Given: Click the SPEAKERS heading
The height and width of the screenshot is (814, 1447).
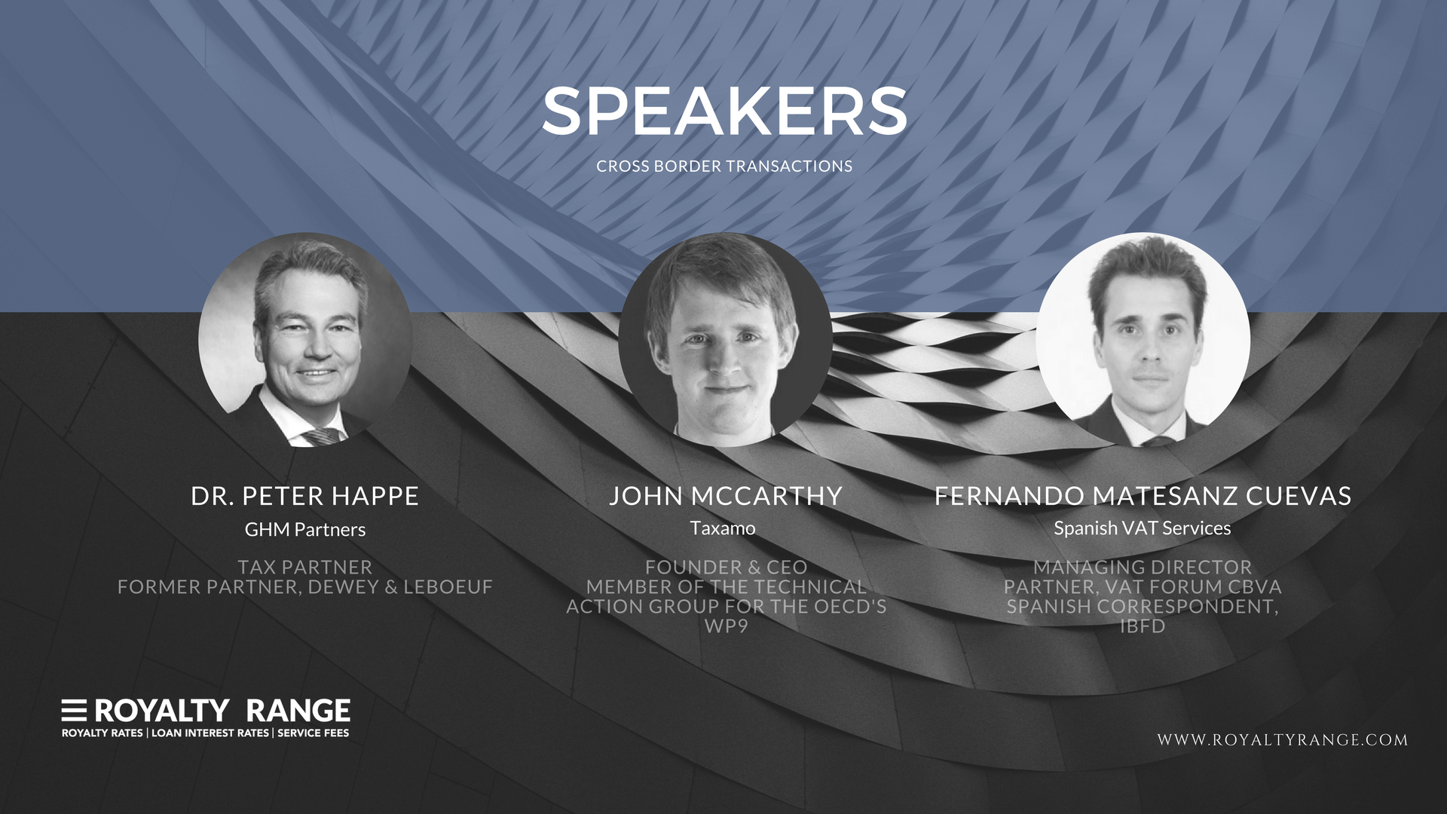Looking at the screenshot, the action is click(724, 112).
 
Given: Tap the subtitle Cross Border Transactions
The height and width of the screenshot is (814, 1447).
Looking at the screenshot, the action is click(724, 167).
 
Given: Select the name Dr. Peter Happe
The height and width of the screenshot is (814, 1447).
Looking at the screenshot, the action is click(304, 496).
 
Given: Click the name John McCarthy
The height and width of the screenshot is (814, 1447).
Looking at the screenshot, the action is click(726, 496).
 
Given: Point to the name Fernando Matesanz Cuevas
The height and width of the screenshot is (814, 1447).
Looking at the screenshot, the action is click(1143, 496).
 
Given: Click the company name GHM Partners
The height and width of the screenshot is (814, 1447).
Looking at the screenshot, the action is click(305, 530).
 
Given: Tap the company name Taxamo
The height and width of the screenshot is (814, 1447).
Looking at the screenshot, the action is click(723, 528).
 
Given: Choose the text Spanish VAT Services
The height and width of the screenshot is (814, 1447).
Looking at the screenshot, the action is click(1143, 528).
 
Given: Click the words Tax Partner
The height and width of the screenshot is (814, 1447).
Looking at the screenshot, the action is click(305, 568).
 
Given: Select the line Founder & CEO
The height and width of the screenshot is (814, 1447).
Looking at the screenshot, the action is click(726, 568).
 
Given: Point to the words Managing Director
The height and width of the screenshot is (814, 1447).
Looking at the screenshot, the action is click(1143, 568).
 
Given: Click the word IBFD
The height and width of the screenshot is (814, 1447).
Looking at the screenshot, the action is click(1143, 626).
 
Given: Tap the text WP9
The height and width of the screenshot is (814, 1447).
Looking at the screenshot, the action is click(726, 626).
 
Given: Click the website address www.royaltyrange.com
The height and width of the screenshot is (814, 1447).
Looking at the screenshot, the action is click(1283, 740).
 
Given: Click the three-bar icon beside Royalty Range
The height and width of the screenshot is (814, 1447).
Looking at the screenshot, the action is click(74, 710).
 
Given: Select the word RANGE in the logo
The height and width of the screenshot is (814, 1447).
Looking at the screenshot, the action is click(298, 711).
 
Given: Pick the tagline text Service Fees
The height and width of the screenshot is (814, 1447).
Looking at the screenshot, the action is click(314, 733).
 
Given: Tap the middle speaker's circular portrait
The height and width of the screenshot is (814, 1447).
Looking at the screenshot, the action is click(725, 340).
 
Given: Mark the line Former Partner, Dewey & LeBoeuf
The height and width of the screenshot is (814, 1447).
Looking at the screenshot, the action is click(305, 587).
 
